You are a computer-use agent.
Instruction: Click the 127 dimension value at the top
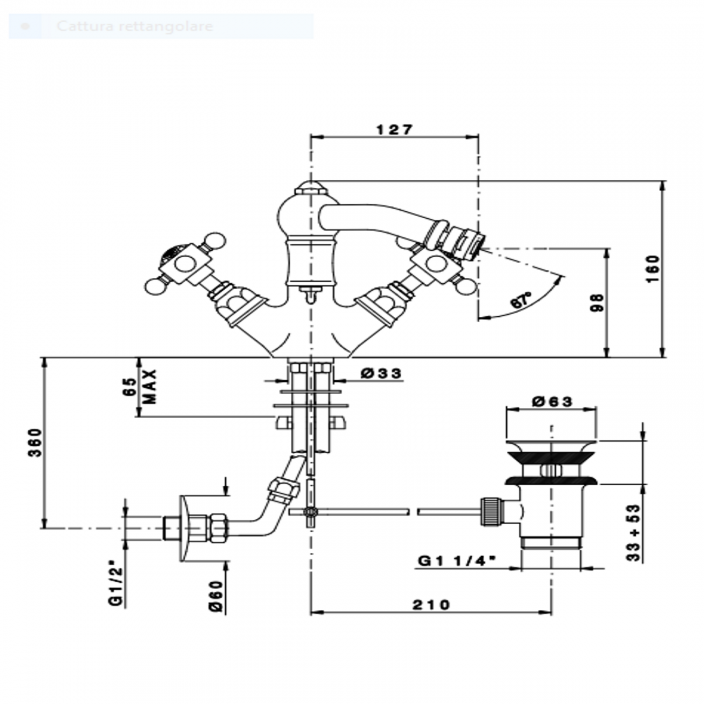coord(395,129)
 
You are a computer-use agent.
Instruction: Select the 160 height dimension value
coord(654,268)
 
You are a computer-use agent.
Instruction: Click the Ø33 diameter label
coord(382,373)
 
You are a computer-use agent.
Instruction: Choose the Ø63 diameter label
coord(552,401)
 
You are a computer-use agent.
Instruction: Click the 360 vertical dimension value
coord(35,442)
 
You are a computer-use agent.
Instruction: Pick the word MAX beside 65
coord(150,386)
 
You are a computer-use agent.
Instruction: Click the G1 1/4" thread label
coord(457,561)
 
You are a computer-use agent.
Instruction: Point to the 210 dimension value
coord(431,604)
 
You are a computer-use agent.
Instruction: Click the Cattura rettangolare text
coord(134,26)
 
